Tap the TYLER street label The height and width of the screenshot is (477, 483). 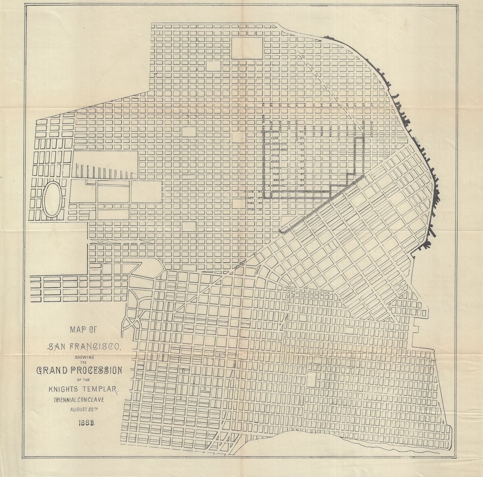click(251, 209)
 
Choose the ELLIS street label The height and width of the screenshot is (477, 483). click(250, 191)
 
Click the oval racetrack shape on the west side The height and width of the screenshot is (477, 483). click(51, 199)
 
